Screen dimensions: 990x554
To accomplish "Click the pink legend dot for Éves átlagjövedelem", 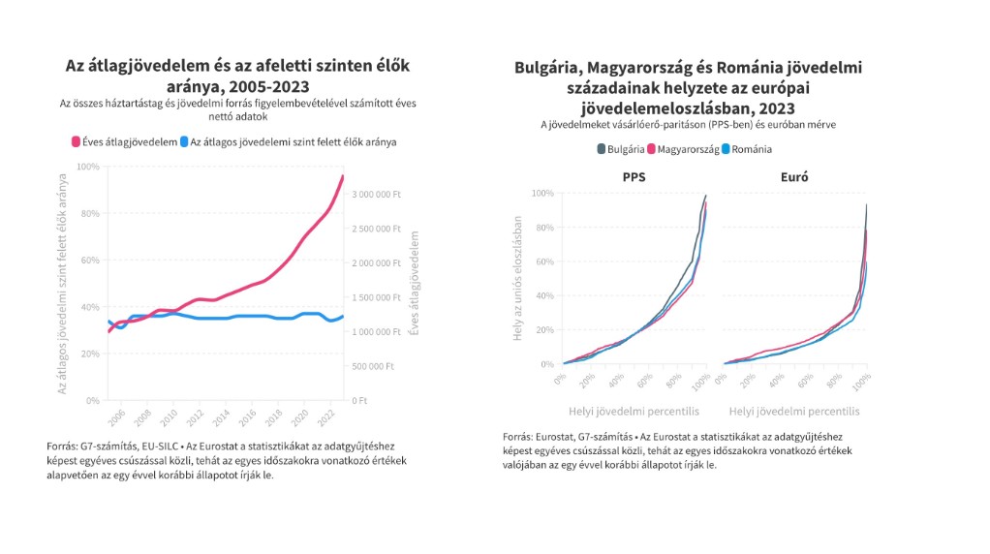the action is [x=76, y=142].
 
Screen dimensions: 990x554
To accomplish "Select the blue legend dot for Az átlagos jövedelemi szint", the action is [x=184, y=142].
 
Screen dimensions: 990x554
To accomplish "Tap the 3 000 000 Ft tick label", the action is [x=376, y=195].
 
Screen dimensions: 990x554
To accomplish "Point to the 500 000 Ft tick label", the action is [x=373, y=366].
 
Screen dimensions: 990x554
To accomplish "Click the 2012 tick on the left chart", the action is [x=195, y=417].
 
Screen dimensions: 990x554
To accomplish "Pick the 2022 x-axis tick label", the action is [x=325, y=417].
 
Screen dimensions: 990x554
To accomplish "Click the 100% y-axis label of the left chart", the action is [x=88, y=167].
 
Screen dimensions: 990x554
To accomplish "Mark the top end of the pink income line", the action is [x=343, y=176].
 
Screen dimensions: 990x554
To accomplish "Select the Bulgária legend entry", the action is [x=621, y=149].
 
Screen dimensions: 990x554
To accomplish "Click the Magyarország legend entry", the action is [x=683, y=149].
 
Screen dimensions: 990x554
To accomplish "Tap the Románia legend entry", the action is [x=747, y=149].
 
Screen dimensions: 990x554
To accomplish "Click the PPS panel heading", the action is [x=634, y=177].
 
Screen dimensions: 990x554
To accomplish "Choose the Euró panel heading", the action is [x=794, y=177].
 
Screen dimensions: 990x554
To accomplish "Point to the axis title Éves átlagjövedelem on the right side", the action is [x=415, y=283].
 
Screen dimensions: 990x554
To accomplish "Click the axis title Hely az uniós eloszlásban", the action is [x=517, y=278].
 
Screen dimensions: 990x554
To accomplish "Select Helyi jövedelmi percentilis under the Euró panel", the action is [x=794, y=412].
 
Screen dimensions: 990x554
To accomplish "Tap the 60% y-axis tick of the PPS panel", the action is [x=543, y=262].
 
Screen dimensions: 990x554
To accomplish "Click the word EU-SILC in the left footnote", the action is [x=159, y=446].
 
